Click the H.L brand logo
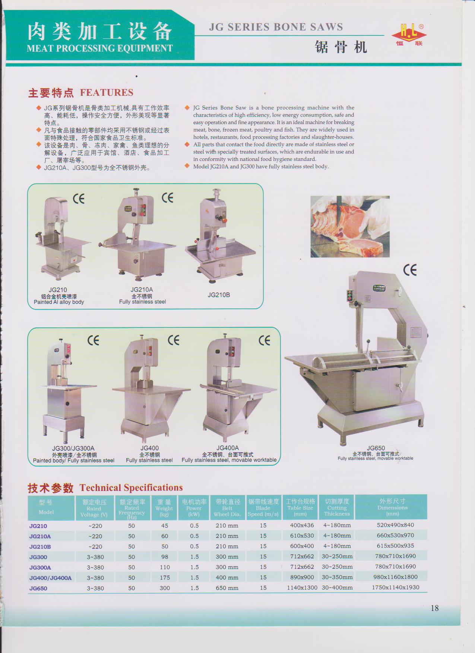(409, 35)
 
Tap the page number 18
(434, 608)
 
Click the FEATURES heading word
(107, 92)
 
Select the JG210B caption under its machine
(219, 295)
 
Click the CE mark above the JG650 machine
(410, 270)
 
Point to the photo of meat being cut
(350, 226)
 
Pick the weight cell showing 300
(165, 588)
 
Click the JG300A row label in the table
(40, 567)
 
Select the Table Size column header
(300, 507)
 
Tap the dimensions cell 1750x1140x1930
(396, 587)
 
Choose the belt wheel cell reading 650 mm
(227, 588)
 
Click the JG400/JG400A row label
(50, 578)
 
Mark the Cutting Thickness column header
(337, 507)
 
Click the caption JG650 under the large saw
(376, 448)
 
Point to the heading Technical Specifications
(131, 488)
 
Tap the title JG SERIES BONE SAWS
(276, 27)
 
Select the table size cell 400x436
(302, 525)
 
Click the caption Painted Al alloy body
(59, 302)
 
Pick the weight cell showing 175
(165, 577)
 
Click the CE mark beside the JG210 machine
(79, 199)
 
